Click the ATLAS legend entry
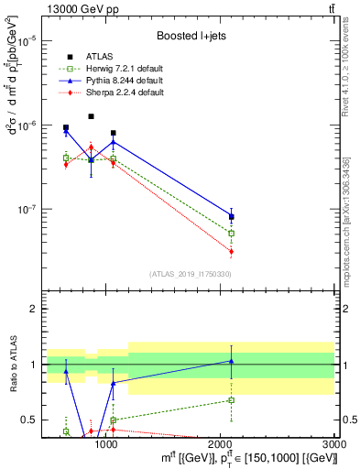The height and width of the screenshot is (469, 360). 98,56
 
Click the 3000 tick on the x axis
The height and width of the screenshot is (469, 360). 333,446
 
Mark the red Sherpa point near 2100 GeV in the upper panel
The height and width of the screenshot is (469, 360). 231,251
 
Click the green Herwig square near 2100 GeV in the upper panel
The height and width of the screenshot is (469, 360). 231,234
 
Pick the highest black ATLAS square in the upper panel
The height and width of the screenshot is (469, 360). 91,116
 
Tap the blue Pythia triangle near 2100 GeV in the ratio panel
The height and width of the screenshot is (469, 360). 231,361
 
